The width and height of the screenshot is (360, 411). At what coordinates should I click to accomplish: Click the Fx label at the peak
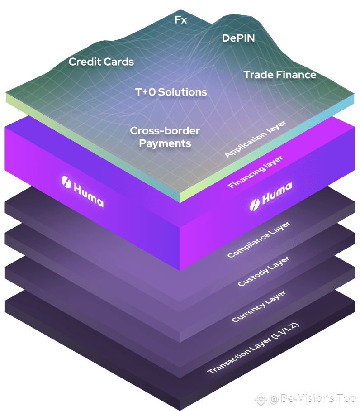click(180, 19)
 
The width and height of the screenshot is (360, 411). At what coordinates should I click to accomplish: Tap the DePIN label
click(238, 38)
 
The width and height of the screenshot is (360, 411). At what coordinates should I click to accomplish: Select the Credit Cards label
click(101, 62)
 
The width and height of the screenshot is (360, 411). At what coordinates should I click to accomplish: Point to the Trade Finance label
click(280, 75)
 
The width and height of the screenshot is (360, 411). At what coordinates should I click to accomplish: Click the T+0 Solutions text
click(171, 92)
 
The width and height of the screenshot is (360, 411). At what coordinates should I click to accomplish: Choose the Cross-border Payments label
click(165, 137)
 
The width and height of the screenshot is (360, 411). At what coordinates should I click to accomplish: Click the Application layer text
click(256, 139)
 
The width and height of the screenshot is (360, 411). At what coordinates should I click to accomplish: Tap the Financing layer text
click(255, 172)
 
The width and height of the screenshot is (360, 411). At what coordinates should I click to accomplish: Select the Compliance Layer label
click(259, 239)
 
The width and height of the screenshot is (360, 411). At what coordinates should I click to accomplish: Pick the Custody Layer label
click(263, 271)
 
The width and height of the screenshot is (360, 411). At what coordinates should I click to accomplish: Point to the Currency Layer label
click(259, 306)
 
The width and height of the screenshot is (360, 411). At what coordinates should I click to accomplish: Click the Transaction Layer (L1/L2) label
click(253, 348)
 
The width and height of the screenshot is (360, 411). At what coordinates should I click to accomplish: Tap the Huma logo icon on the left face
click(66, 182)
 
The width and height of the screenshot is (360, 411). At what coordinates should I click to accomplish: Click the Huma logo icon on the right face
click(255, 205)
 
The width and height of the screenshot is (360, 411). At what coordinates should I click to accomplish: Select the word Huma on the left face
click(89, 195)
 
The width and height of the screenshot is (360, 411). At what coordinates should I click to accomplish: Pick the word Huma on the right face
click(277, 193)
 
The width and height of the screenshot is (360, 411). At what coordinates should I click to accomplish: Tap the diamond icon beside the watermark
click(261, 400)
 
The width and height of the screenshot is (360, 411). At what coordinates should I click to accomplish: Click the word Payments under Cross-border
click(165, 143)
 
